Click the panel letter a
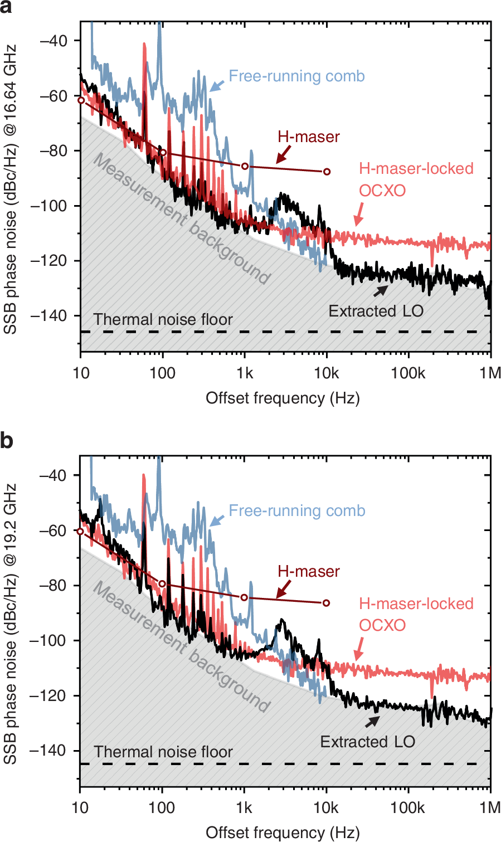(7, 7)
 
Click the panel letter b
(7, 441)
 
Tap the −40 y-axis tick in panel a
(53, 41)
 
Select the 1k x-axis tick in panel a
(244, 373)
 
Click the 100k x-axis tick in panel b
(408, 807)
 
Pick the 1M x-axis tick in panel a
(490, 373)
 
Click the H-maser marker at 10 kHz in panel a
(327, 172)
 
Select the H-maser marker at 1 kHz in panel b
(244, 597)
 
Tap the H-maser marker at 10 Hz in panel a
(81, 100)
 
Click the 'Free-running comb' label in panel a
(296, 76)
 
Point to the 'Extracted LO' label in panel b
(367, 742)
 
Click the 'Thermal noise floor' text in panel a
(163, 319)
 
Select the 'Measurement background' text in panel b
(181, 647)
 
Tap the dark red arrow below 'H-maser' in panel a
(284, 153)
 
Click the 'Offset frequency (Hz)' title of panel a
(283, 398)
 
